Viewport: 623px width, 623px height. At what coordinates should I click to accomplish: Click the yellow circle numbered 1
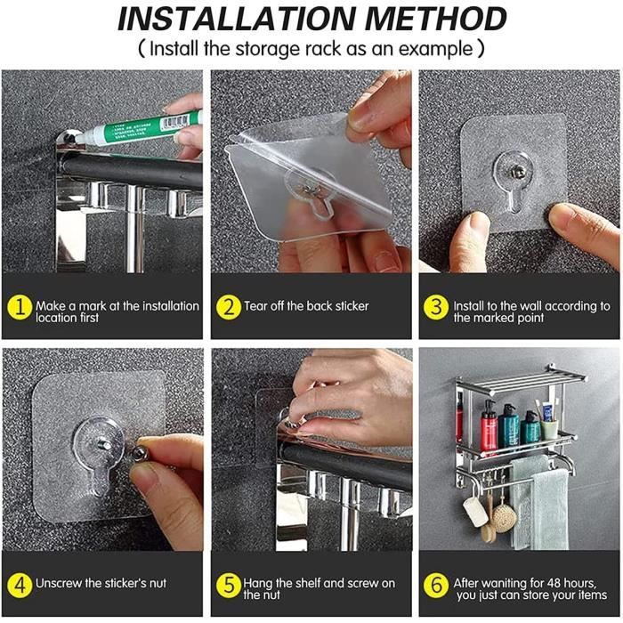coord(20,307)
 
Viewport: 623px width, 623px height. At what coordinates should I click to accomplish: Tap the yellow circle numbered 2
coord(229,307)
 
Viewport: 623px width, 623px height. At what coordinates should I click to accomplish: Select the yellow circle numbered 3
coord(436,307)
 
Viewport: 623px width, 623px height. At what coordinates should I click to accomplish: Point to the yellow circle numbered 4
coord(20,585)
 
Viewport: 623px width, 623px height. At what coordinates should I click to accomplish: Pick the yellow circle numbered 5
coord(229,585)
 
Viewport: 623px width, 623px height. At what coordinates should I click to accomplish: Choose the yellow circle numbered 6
coord(436,585)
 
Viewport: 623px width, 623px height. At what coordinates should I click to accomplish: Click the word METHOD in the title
coord(435,19)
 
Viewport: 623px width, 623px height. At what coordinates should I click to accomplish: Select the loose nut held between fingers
coord(140,452)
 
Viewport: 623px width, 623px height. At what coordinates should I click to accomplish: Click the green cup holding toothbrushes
coord(549,429)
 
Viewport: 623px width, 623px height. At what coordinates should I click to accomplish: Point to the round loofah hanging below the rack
coord(504,519)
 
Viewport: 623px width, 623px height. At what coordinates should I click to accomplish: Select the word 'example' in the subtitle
coord(435,50)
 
